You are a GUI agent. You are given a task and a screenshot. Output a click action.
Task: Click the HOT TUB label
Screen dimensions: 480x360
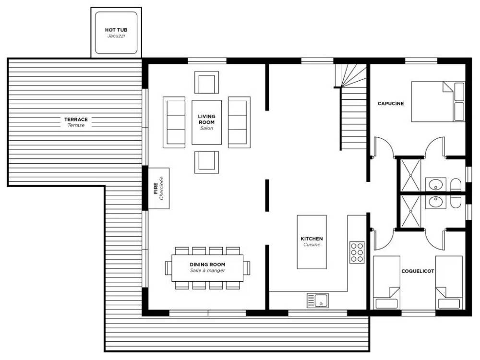tap(116, 30)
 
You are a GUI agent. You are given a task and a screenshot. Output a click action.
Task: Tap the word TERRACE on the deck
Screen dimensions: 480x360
tap(76, 120)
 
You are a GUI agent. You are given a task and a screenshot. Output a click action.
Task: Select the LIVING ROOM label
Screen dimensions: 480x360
tap(206, 119)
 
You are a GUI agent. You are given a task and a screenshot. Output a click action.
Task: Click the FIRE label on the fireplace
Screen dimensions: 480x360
tap(156, 188)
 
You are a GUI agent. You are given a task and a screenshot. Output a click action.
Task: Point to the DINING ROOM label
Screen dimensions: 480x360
tap(207, 264)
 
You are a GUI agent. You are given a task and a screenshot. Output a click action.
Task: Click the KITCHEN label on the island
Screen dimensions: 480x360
tap(312, 239)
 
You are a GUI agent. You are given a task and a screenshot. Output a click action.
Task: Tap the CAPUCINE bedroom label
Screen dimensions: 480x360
tap(391, 104)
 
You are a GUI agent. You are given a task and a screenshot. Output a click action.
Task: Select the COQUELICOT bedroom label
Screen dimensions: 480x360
tap(418, 271)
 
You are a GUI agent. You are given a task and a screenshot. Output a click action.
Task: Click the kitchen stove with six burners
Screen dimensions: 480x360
tap(357, 252)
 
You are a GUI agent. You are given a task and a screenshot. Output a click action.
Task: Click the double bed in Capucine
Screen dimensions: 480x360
tap(438, 102)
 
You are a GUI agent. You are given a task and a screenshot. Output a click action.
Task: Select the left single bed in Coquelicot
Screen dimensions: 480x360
tap(386, 283)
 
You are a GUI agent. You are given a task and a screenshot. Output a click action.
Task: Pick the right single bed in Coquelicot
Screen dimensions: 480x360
tap(449, 283)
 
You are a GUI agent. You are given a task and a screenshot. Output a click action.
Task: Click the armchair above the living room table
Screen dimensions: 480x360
tap(206, 83)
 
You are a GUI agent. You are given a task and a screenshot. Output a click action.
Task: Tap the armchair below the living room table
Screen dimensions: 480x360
tap(206, 162)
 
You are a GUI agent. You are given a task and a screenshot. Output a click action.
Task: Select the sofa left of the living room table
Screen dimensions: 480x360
tap(174, 122)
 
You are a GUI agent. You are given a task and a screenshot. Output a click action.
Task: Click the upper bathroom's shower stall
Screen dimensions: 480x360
tap(410, 175)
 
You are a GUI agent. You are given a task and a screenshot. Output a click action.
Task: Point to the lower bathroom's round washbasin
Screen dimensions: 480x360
tap(435, 202)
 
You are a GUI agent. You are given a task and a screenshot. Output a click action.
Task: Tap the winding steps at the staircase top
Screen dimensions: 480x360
tap(351, 76)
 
